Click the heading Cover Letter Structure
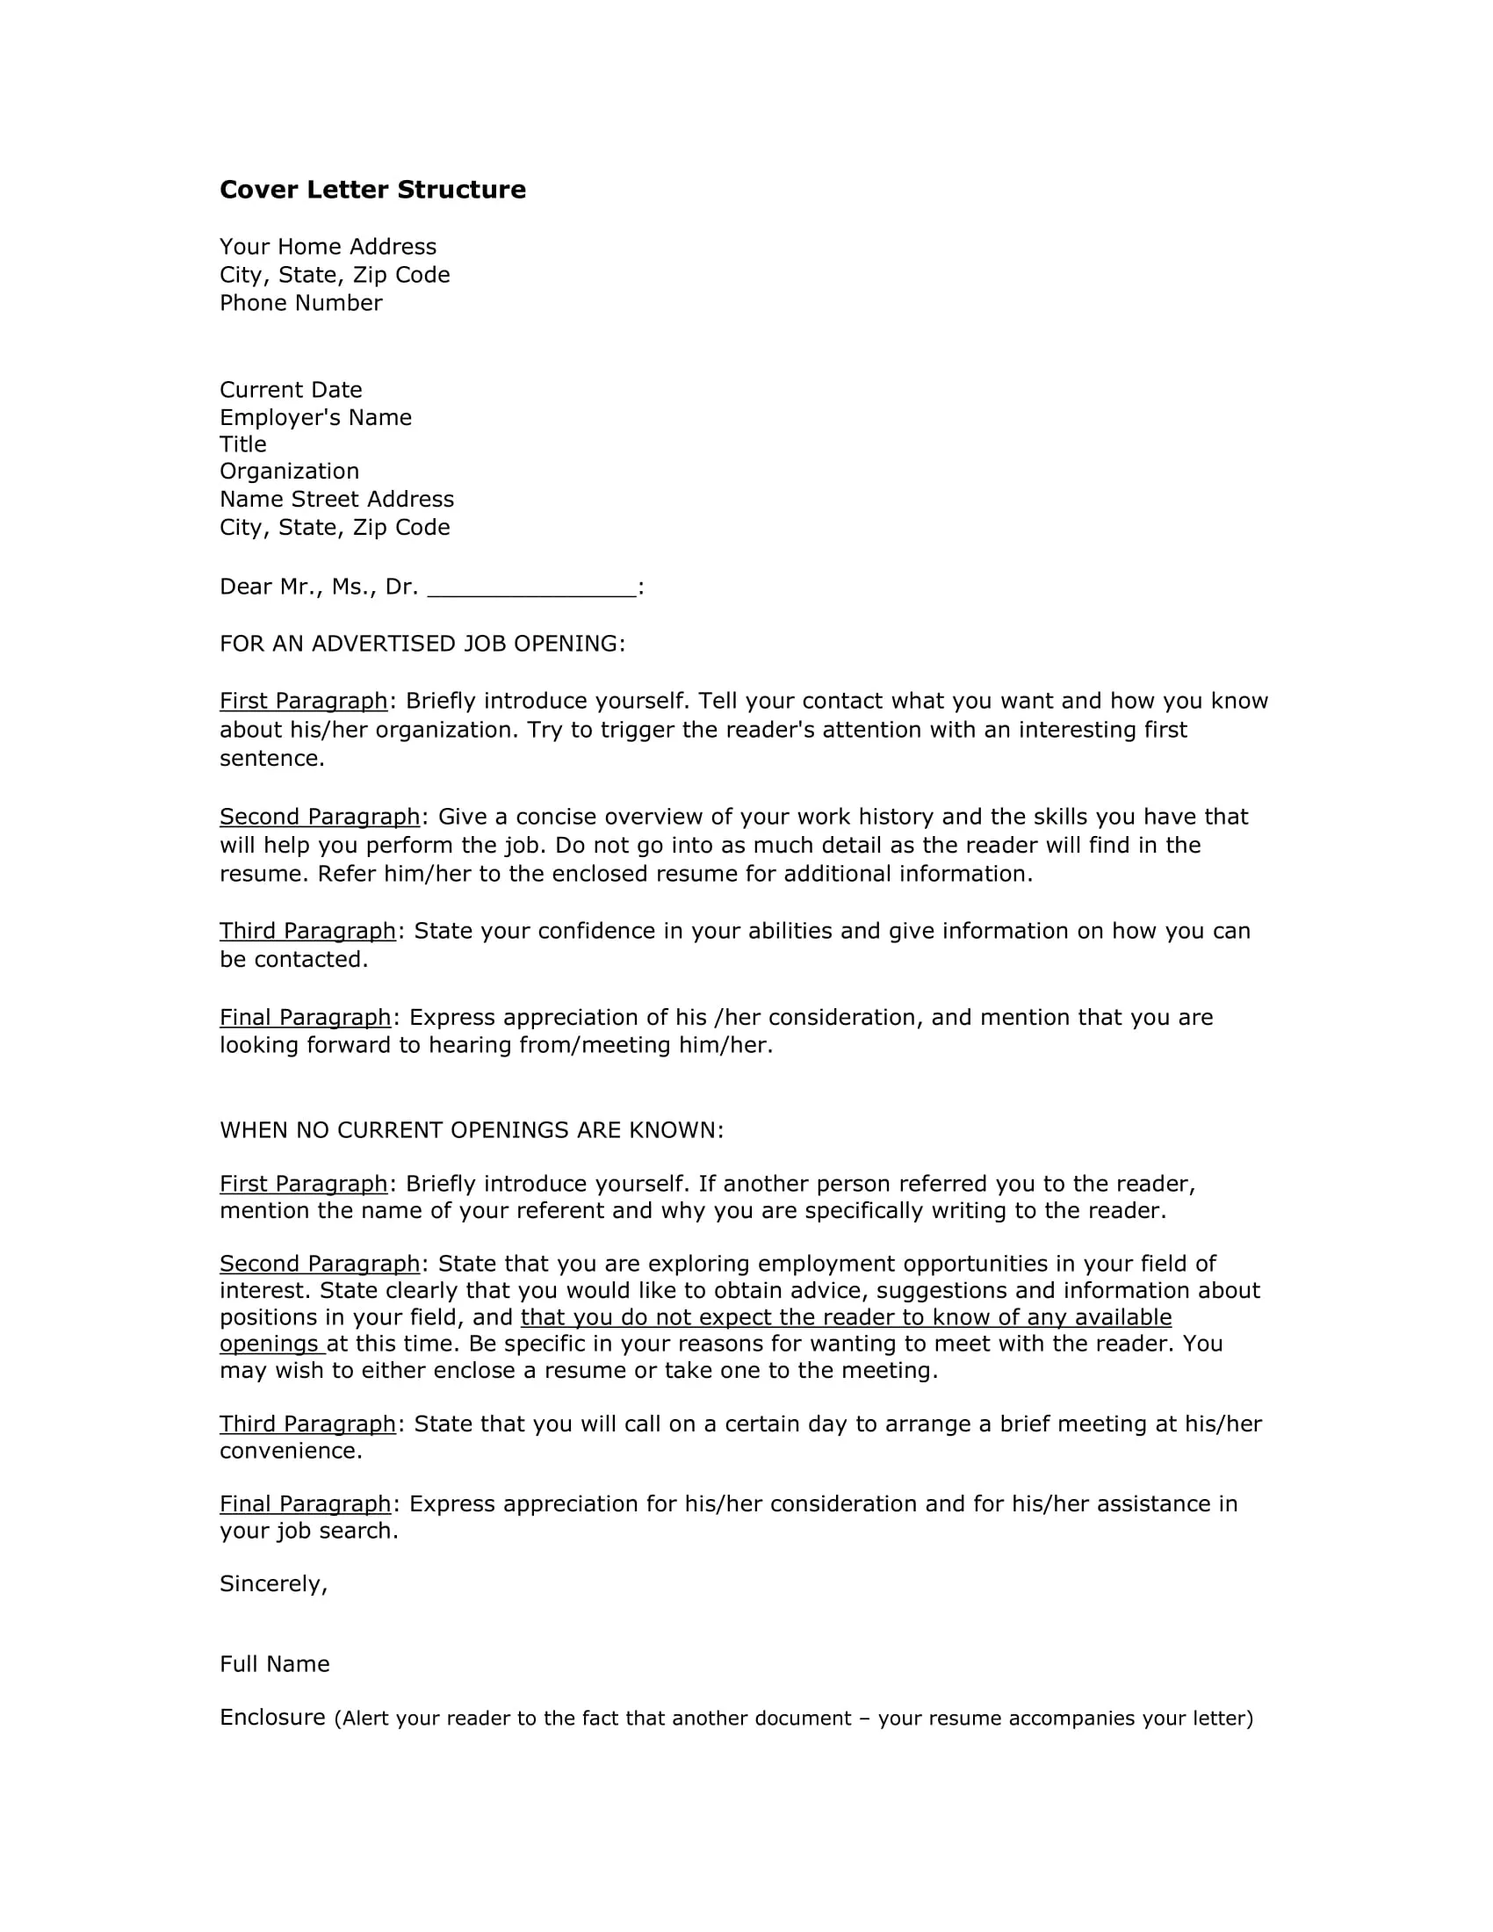click(x=372, y=191)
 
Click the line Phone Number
click(x=300, y=304)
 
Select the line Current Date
click(x=291, y=390)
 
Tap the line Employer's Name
click(x=316, y=417)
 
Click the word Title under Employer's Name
click(x=243, y=444)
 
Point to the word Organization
click(x=289, y=472)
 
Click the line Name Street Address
click(x=336, y=499)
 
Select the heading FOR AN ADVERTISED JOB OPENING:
click(x=422, y=644)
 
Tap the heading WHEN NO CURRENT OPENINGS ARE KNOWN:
click(x=472, y=1130)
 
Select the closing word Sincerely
click(x=272, y=1584)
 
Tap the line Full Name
click(x=274, y=1665)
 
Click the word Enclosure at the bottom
click(x=272, y=1718)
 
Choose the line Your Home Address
click(x=328, y=247)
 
